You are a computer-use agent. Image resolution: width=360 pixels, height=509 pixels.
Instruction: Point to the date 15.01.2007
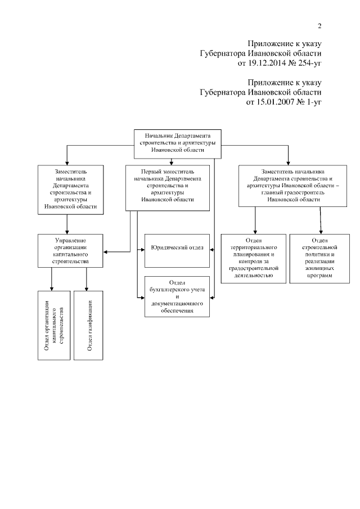coord(267,103)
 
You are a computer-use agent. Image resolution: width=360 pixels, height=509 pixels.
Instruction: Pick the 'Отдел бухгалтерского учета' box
coord(176,296)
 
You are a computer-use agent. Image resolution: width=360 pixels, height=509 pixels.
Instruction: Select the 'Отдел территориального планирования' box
coord(251,257)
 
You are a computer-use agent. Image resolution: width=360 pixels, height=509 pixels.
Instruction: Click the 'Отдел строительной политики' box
coord(319,257)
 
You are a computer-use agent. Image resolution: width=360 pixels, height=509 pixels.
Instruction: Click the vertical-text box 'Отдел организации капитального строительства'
coord(54,326)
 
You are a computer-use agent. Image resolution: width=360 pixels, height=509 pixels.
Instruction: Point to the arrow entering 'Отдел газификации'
coord(87,287)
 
